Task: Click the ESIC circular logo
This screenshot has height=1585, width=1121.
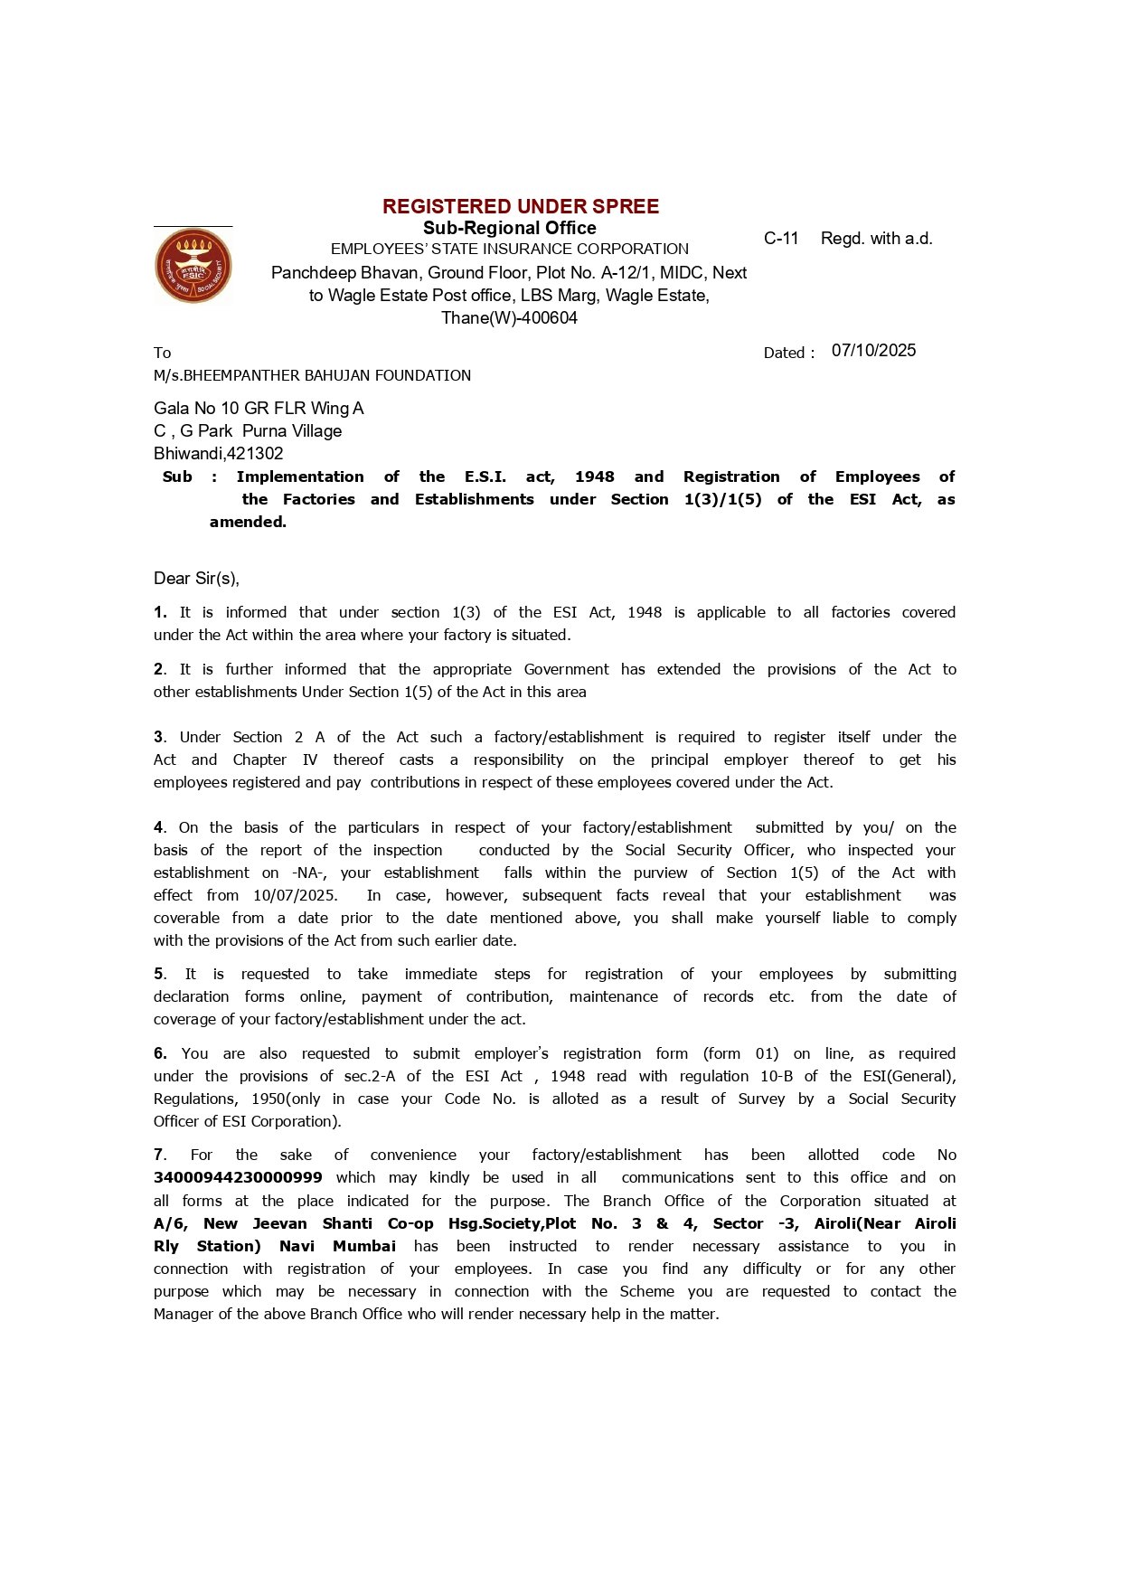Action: (193, 266)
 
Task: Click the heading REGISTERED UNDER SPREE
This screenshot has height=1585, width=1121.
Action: (521, 206)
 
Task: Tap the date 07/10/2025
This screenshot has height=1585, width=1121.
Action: (873, 351)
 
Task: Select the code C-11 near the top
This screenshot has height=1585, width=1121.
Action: (781, 239)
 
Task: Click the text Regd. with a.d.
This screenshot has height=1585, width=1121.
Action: (876, 239)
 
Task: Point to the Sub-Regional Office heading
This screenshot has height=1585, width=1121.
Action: (509, 228)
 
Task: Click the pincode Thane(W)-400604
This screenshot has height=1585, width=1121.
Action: (509, 318)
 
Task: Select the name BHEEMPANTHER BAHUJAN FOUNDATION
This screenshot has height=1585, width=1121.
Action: (326, 375)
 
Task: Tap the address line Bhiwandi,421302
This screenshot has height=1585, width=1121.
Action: (218, 454)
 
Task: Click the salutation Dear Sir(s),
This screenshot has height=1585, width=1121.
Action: (196, 579)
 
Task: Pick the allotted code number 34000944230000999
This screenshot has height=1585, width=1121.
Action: (238, 1178)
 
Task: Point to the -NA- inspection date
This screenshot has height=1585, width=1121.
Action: (309, 873)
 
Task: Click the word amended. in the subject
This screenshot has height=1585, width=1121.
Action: (248, 522)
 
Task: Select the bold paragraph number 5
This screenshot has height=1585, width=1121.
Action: (159, 974)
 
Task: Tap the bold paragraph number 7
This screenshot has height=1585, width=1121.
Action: (159, 1155)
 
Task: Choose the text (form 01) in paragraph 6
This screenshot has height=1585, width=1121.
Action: (740, 1053)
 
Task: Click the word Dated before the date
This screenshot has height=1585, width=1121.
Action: (784, 353)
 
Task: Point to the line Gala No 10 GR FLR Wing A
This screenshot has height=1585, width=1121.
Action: (259, 409)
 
